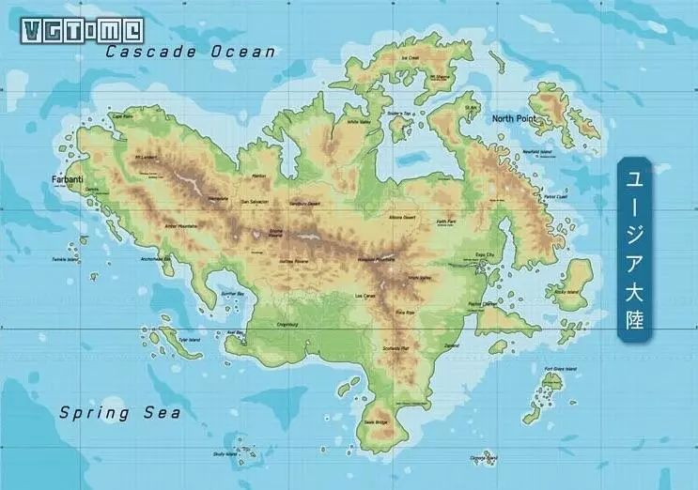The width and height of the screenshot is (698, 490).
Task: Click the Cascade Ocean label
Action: pyautogui.click(x=191, y=52)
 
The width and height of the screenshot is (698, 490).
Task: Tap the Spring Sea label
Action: pyautogui.click(x=120, y=412)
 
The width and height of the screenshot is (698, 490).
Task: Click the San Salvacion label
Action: pyautogui.click(x=255, y=202)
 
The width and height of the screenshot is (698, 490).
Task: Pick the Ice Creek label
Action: pyautogui.click(x=411, y=58)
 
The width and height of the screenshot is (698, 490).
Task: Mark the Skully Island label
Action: pyautogui.click(x=225, y=454)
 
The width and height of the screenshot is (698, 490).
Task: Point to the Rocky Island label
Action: pyautogui.click(x=567, y=292)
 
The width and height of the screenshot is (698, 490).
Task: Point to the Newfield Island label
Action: pyautogui.click(x=536, y=150)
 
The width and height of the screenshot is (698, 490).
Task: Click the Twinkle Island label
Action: pyautogui.click(x=65, y=259)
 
